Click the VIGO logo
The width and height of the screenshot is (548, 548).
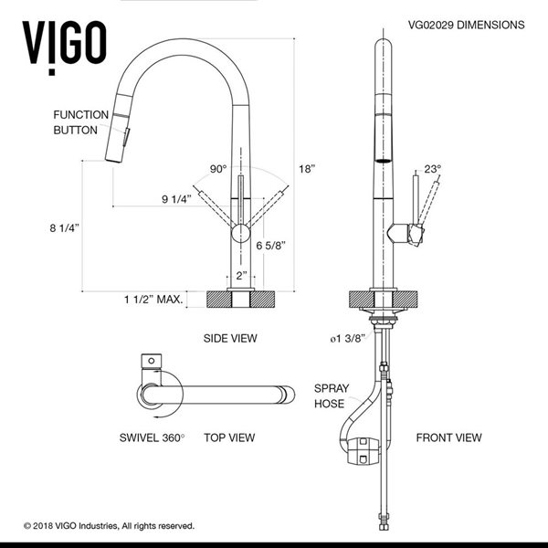coord(62,39)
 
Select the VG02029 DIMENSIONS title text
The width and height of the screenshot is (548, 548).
coord(463,26)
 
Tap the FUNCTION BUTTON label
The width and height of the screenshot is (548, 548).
coord(80,122)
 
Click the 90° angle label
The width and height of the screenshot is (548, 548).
coord(217,169)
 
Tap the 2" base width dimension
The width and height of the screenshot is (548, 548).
coord(240,277)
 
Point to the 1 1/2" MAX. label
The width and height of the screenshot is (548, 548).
coord(154,299)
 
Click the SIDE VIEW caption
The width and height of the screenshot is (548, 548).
coord(230,338)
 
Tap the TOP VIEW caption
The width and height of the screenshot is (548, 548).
coord(228,437)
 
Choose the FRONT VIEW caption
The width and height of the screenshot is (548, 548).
coord(448,437)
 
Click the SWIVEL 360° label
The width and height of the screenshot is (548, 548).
coord(151,437)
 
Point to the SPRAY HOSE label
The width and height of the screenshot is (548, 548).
coord(331,395)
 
